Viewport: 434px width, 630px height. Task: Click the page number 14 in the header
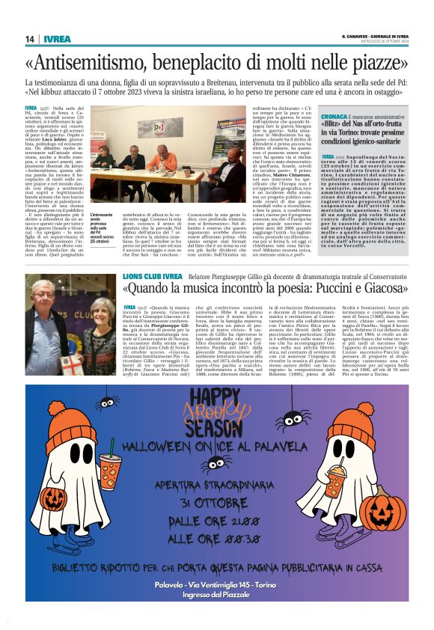click(x=31, y=39)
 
